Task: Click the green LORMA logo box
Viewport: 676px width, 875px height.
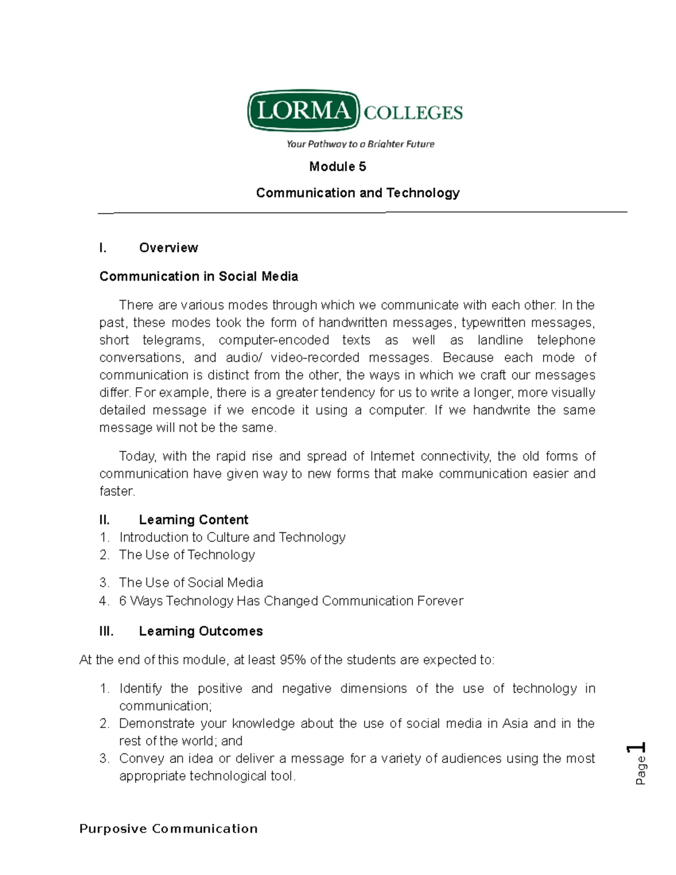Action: (303, 110)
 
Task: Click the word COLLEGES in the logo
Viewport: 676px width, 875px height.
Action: (413, 113)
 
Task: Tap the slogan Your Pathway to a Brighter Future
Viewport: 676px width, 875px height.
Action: (360, 144)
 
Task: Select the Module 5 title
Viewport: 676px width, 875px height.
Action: (337, 167)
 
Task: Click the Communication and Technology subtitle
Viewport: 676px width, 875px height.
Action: (358, 193)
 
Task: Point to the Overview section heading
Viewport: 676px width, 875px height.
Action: (168, 248)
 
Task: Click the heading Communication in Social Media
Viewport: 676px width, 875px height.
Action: (198, 277)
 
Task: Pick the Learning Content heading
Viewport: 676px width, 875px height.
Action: (193, 519)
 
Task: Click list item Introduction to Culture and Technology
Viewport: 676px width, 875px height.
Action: (232, 538)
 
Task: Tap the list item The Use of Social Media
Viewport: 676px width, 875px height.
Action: (191, 583)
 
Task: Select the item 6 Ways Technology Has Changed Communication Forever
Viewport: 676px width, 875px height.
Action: (291, 601)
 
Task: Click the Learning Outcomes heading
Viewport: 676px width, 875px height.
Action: (201, 631)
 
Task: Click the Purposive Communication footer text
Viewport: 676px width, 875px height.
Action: (168, 829)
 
